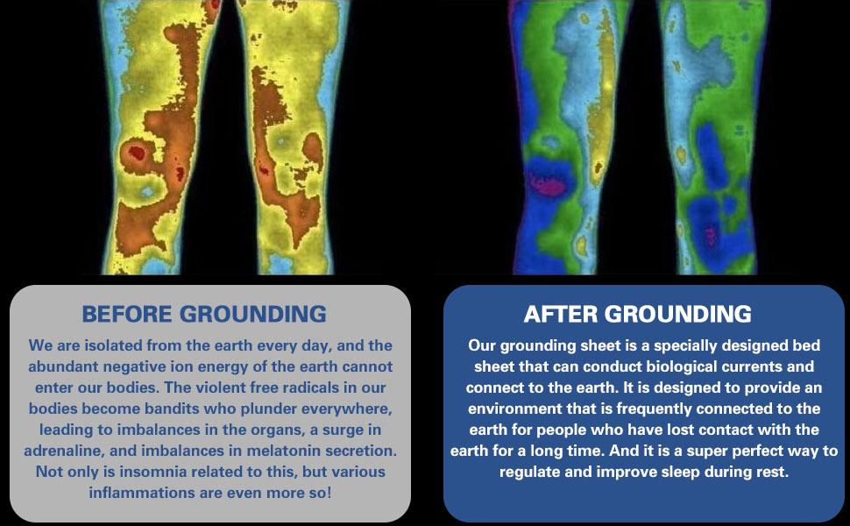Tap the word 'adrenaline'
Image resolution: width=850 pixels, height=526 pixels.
tap(69, 451)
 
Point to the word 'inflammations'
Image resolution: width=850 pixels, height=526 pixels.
tap(140, 493)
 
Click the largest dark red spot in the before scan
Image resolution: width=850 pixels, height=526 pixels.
tap(137, 154)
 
